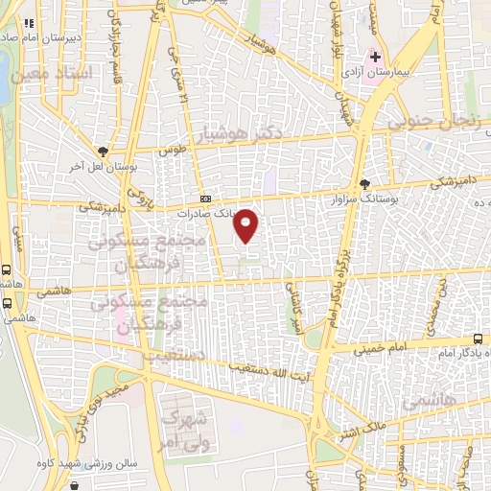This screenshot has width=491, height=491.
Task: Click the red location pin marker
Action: click(x=246, y=224)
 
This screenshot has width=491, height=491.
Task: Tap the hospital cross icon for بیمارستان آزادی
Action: click(x=376, y=58)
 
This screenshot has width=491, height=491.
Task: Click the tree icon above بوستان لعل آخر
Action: click(x=103, y=151)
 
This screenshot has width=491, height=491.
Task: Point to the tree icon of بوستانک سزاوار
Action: click(x=363, y=184)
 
